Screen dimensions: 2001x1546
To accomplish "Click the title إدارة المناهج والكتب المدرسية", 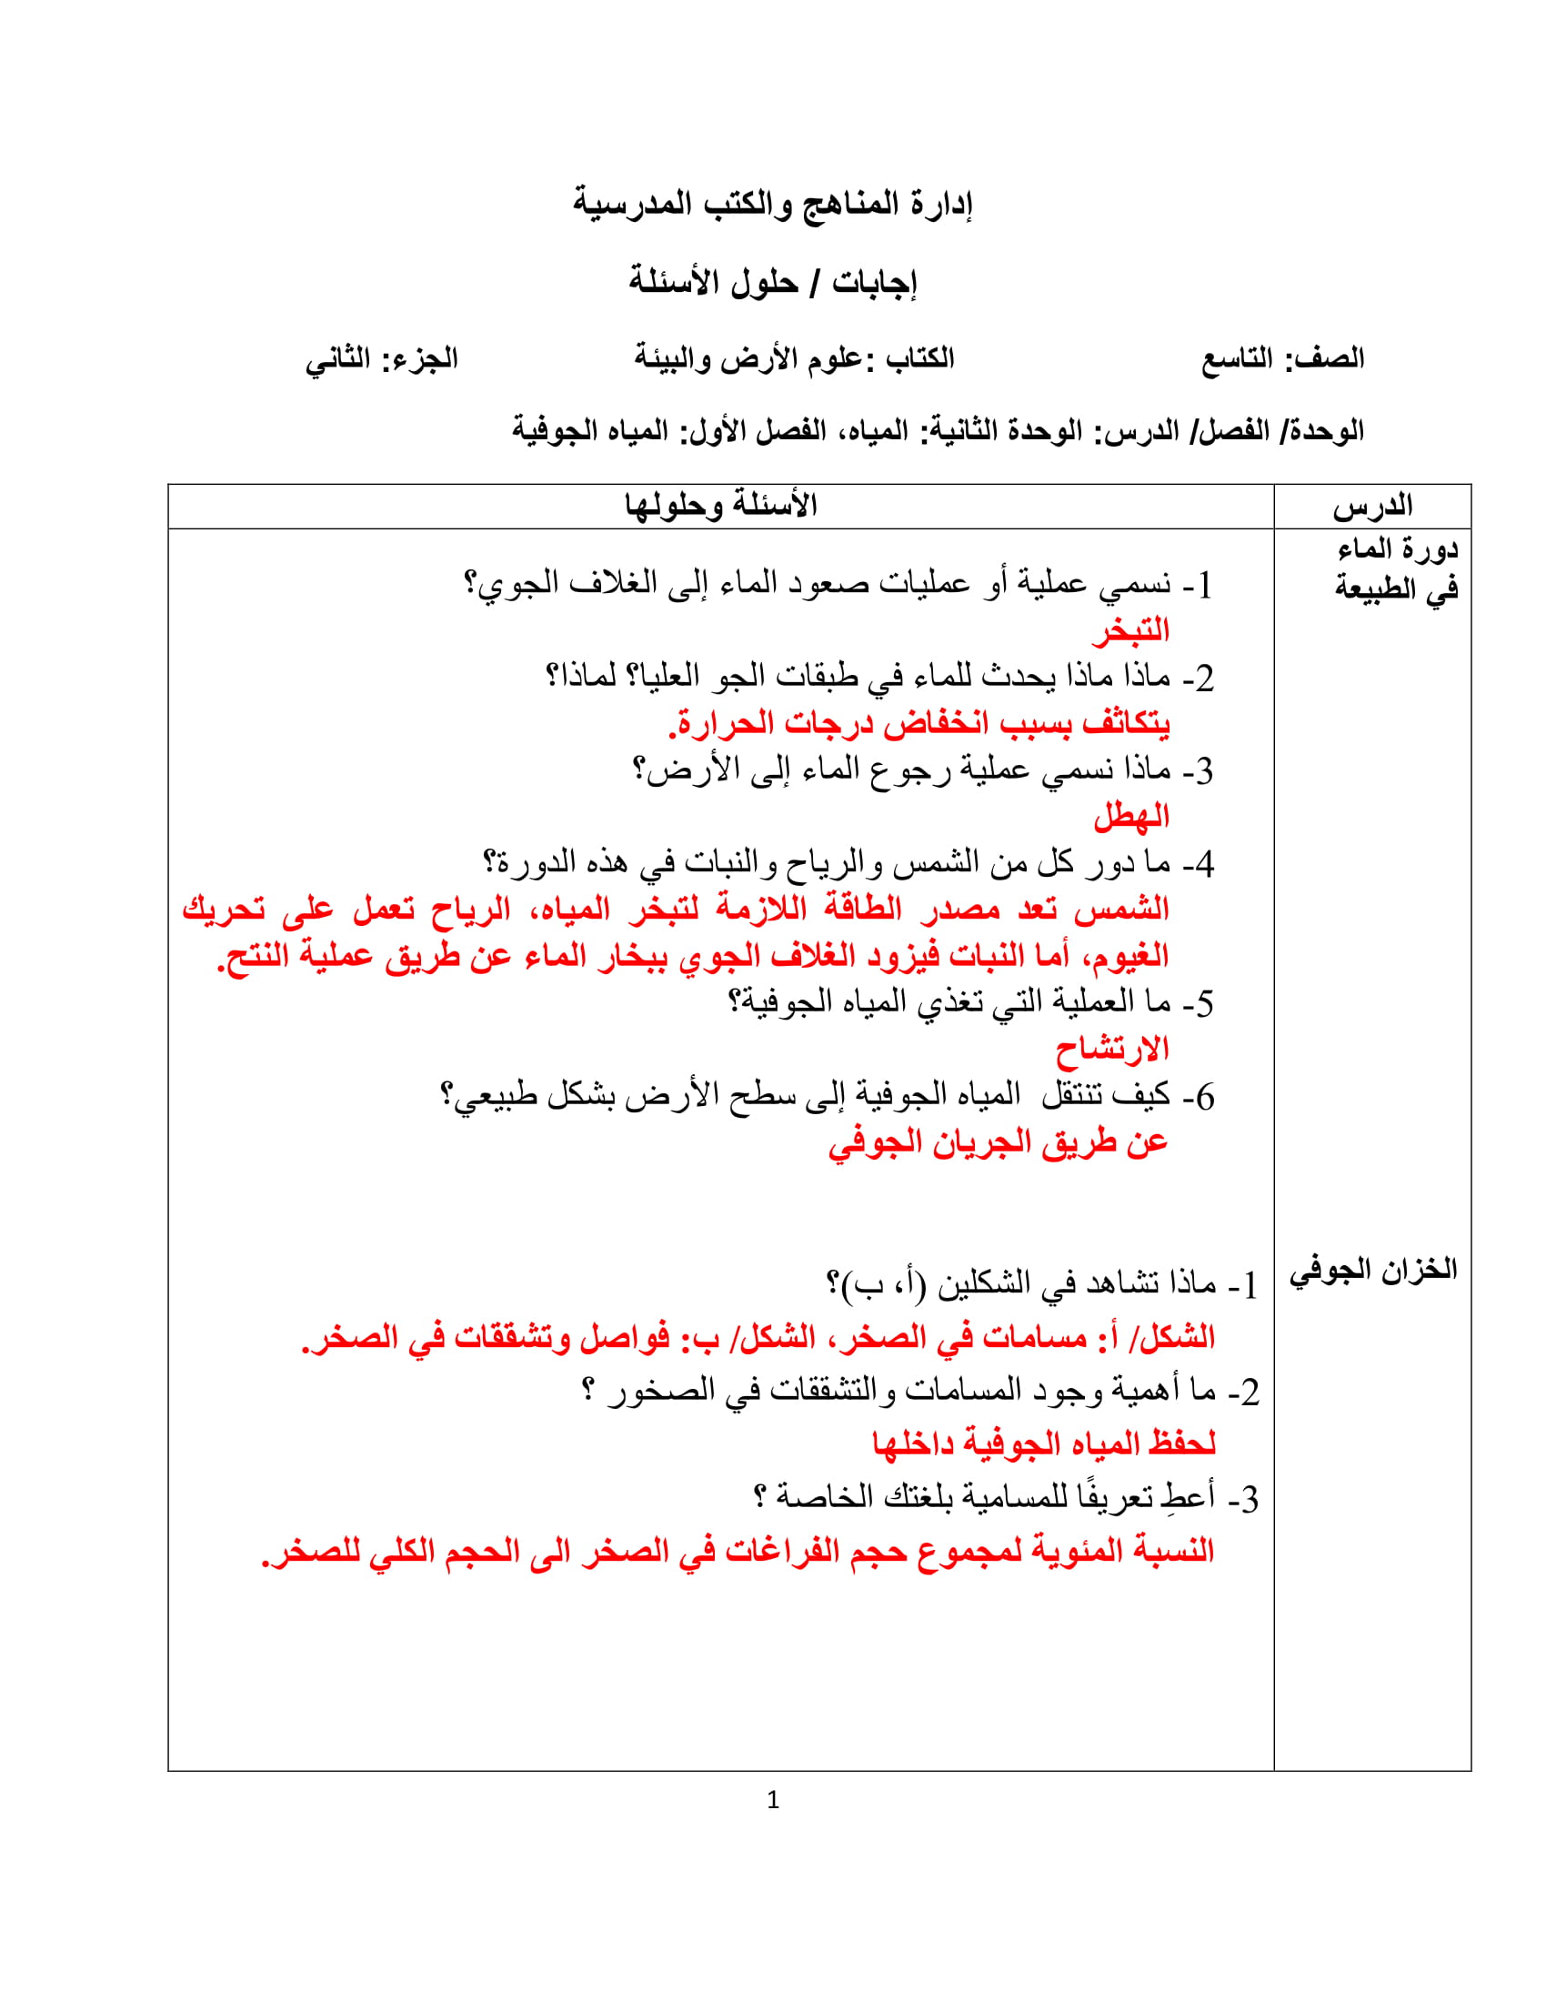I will pos(772,204).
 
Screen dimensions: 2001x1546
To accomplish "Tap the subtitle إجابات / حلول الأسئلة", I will pos(772,282).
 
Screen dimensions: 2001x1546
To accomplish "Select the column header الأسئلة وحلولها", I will pos(721,506).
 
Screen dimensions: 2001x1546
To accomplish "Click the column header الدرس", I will pos(1372,507).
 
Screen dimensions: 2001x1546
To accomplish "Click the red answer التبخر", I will pos(1130,631).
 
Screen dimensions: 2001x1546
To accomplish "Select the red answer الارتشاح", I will pos(1112,1049).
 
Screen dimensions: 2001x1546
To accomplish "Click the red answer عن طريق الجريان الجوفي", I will pos(999,1142).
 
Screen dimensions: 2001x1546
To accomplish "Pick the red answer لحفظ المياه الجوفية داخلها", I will pos(1043,1445).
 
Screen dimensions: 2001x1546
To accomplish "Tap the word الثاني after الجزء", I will pos(338,359).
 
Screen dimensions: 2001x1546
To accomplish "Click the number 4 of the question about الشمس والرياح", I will pos(1204,864).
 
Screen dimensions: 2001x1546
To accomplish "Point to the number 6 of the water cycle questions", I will pos(1204,1097).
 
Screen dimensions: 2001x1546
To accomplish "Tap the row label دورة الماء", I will pos(1397,549).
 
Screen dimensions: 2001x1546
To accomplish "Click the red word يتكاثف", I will pos(1126,724).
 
